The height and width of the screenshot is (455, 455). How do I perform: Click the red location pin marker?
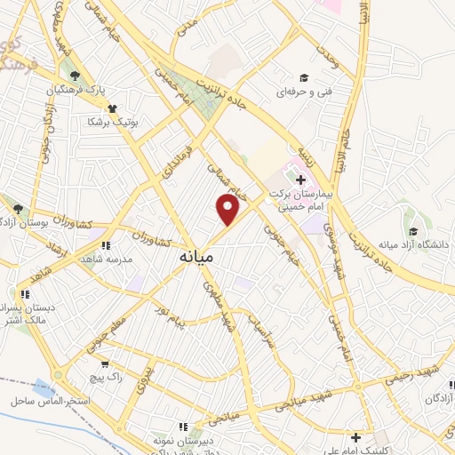tap(228, 210)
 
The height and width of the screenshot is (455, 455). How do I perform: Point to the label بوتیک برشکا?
tap(114, 122)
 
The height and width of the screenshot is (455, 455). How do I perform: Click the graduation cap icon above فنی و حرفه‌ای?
tap(304, 76)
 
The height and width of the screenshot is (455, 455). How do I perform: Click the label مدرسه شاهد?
tap(107, 259)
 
